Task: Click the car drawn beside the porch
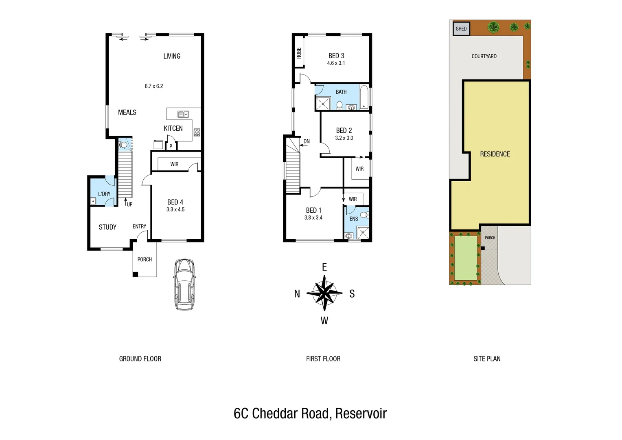click(x=184, y=284)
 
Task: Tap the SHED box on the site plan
click(x=461, y=29)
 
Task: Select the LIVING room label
click(x=172, y=56)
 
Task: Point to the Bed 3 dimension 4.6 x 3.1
click(x=336, y=63)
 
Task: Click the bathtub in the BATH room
click(x=364, y=97)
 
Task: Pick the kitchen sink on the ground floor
click(x=183, y=114)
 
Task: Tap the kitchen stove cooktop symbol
click(x=197, y=132)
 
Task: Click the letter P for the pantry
click(x=171, y=146)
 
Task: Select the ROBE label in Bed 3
click(x=299, y=53)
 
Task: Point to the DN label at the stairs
click(x=307, y=142)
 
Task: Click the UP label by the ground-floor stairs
click(x=129, y=204)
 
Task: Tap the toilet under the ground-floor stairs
click(x=123, y=144)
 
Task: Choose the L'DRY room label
click(x=104, y=194)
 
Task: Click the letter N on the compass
click(x=297, y=294)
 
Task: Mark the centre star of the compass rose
click(x=324, y=293)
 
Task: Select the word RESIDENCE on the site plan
click(x=495, y=154)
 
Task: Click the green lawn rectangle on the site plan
click(x=465, y=258)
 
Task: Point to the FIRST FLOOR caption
click(x=323, y=359)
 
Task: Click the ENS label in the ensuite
click(x=354, y=219)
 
